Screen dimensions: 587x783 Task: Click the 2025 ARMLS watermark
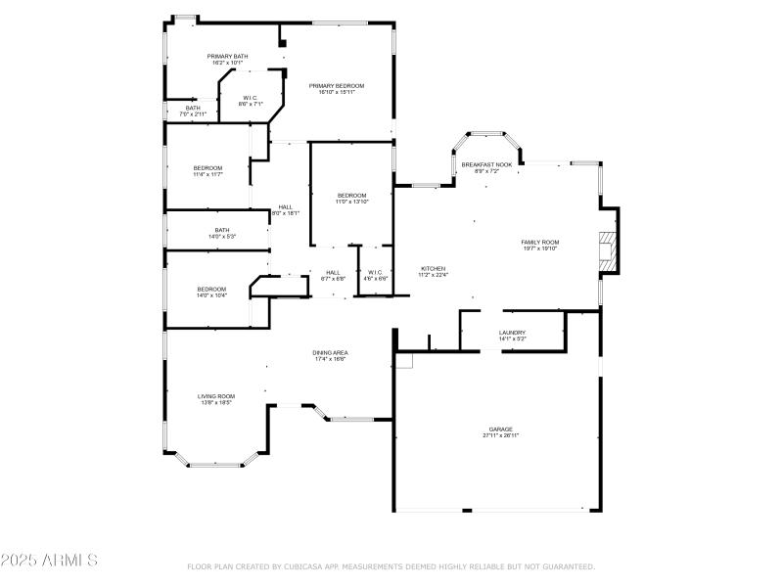click(x=49, y=561)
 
